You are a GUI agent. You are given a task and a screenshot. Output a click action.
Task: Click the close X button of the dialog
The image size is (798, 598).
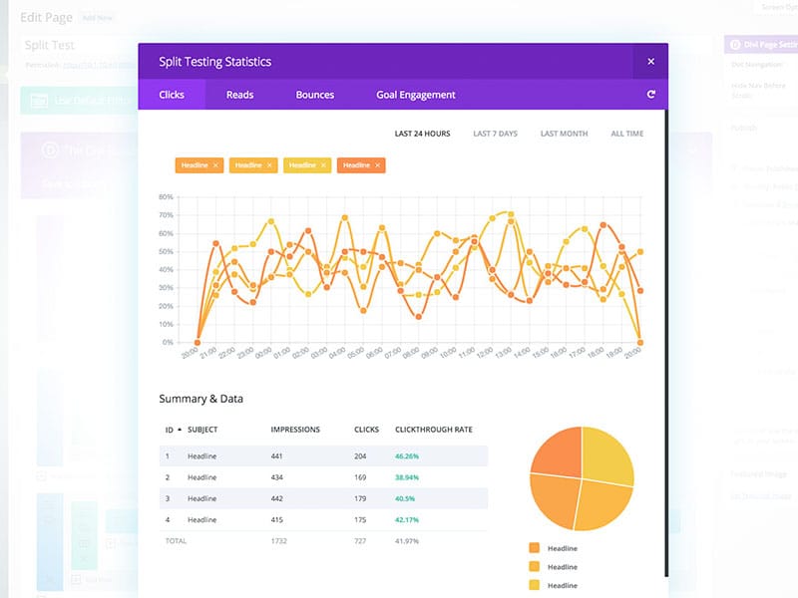click(x=650, y=62)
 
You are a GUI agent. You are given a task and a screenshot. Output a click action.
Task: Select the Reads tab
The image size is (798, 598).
click(x=239, y=95)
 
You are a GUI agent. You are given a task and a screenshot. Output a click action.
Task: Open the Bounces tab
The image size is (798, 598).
click(x=315, y=95)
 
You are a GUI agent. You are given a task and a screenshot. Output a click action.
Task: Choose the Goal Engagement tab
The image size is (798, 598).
click(x=416, y=95)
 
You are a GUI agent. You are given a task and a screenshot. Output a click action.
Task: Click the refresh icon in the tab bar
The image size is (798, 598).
click(x=650, y=95)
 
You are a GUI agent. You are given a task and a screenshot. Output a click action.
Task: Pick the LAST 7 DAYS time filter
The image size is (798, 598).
click(x=496, y=134)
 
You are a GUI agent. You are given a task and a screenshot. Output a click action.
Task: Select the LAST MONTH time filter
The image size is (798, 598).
click(x=564, y=134)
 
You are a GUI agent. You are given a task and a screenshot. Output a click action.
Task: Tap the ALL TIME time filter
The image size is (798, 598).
click(x=627, y=134)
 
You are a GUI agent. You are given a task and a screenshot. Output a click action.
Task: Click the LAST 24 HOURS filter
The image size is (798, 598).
click(x=422, y=134)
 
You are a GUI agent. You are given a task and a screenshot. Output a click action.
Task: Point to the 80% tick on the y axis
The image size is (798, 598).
click(x=166, y=197)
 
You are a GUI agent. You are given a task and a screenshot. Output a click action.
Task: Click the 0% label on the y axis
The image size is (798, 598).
click(x=168, y=342)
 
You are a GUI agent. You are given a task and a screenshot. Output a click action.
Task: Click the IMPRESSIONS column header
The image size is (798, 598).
click(x=295, y=430)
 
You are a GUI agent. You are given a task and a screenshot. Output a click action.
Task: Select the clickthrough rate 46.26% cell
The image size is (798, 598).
click(x=407, y=455)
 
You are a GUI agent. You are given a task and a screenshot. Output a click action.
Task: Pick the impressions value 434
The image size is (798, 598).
click(x=278, y=476)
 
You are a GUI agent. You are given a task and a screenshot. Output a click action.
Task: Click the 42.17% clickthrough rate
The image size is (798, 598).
click(x=407, y=518)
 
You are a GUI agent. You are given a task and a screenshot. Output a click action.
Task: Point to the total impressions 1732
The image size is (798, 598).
click(x=280, y=540)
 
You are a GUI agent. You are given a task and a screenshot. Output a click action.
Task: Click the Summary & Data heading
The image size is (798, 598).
click(x=200, y=399)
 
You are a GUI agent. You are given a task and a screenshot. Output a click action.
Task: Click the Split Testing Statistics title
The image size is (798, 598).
click(x=214, y=62)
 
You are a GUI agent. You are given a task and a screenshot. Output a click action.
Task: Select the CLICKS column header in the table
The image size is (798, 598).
click(x=366, y=430)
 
